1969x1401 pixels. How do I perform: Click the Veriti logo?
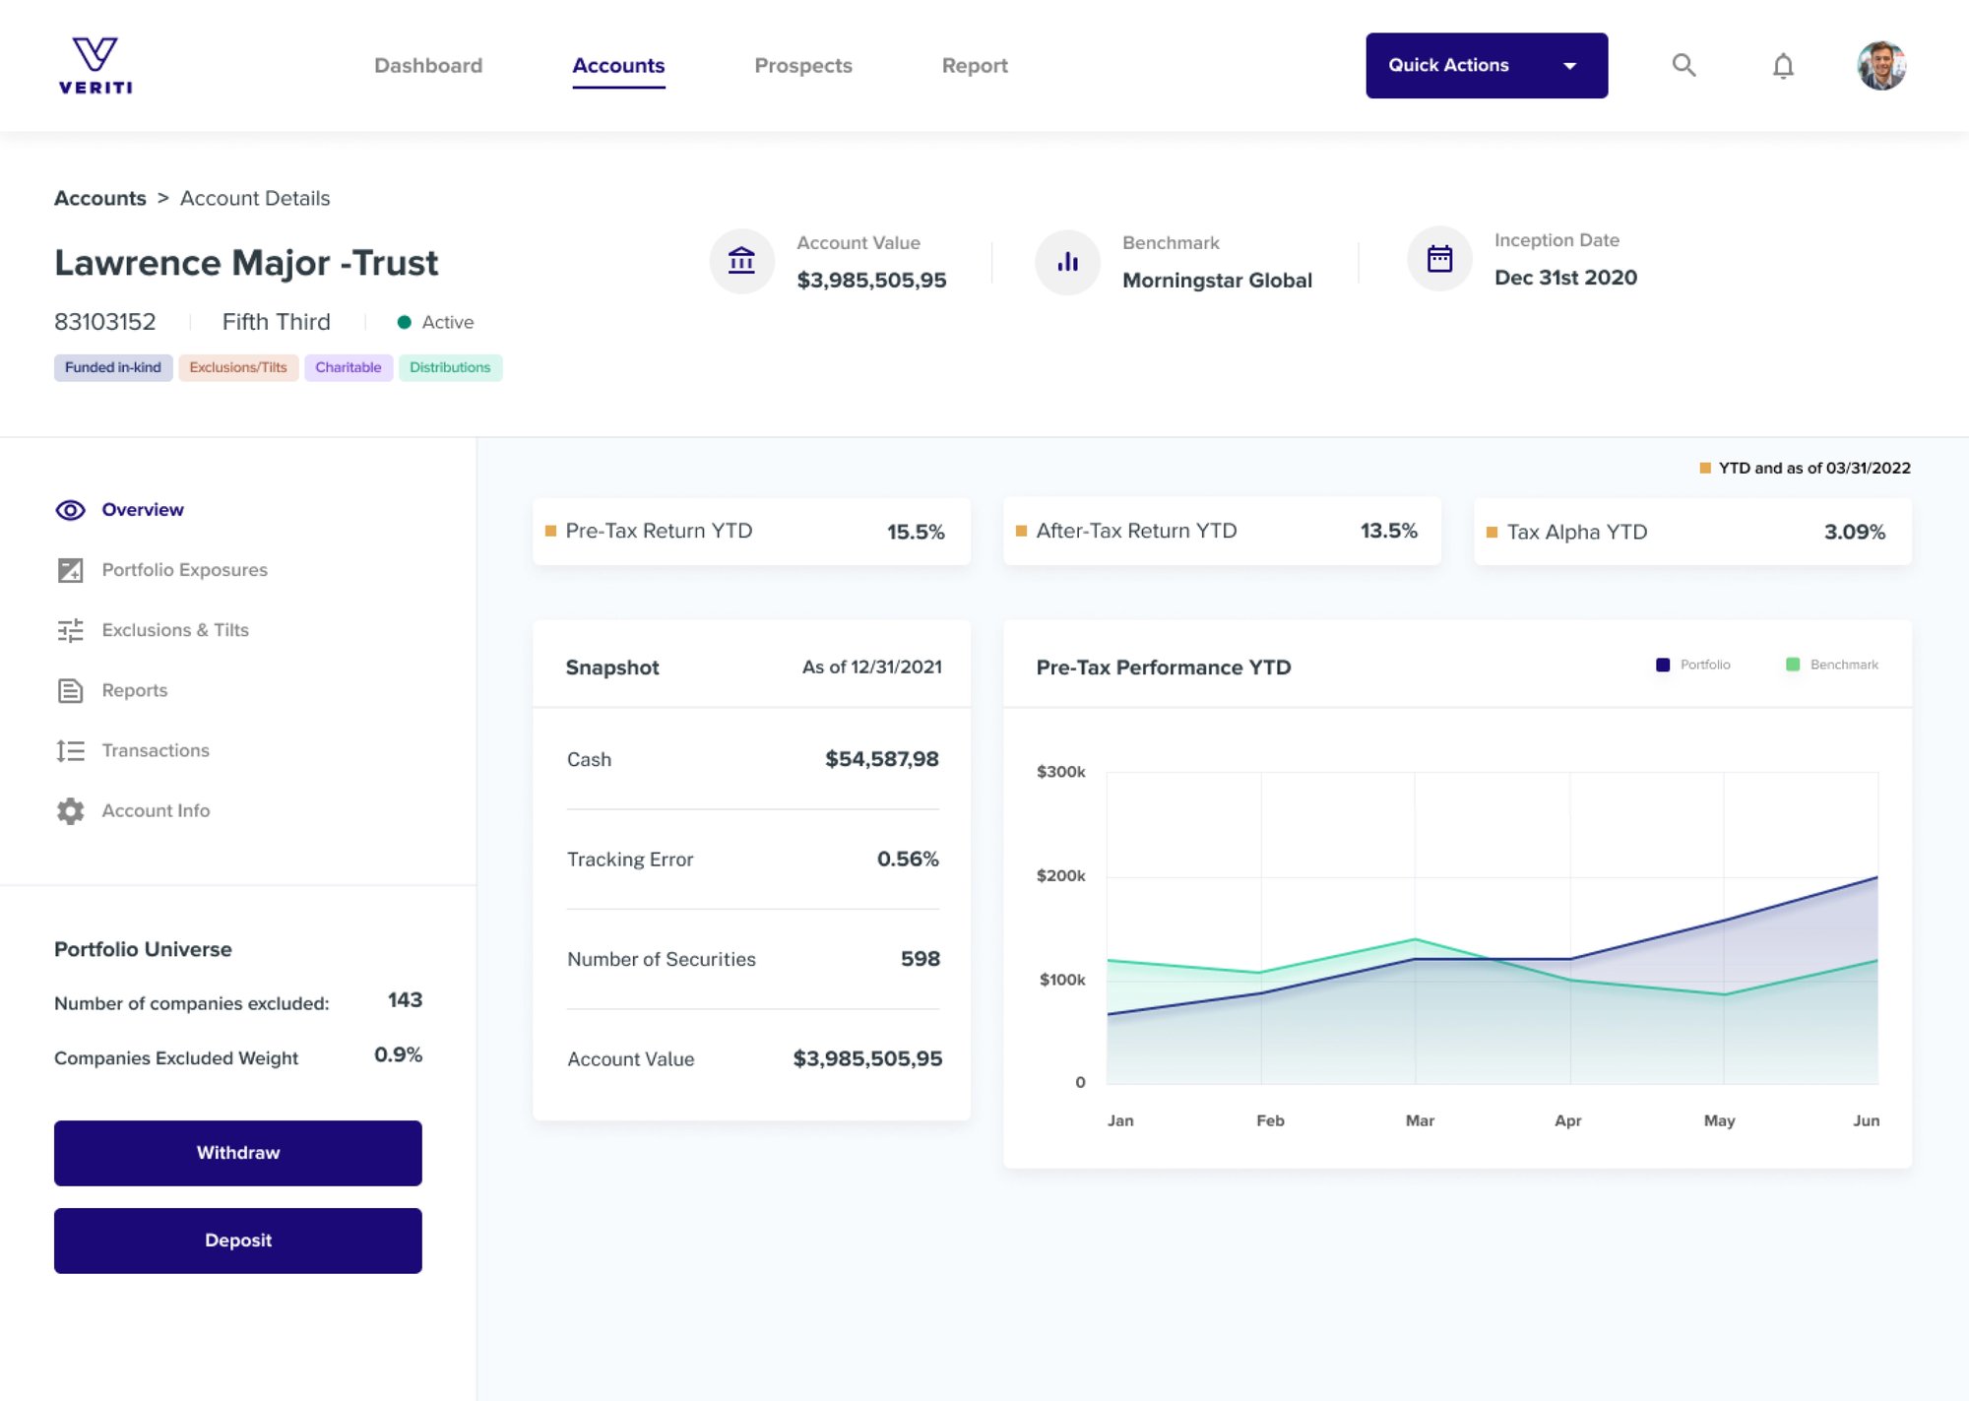pyautogui.click(x=95, y=65)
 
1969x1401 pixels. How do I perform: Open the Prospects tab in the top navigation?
pyautogui.click(x=802, y=66)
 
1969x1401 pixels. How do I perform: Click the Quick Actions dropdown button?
pyautogui.click(x=1486, y=65)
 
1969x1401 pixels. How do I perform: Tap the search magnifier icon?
pyautogui.click(x=1683, y=65)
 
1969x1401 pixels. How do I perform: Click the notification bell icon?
pyautogui.click(x=1783, y=66)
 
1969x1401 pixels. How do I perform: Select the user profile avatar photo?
pyautogui.click(x=1881, y=66)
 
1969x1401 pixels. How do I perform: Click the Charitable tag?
pyautogui.click(x=348, y=367)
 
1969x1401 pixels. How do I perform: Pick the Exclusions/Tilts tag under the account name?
pyautogui.click(x=238, y=367)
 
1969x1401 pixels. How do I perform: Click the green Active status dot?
pyautogui.click(x=404, y=322)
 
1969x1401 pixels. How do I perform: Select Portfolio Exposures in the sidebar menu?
pyautogui.click(x=184, y=570)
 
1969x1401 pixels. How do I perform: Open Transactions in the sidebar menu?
pyautogui.click(x=156, y=750)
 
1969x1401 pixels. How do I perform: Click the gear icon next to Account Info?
pyautogui.click(x=70, y=810)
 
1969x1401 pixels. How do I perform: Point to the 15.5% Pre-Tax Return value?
pyautogui.click(x=915, y=532)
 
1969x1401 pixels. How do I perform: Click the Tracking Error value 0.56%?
pyautogui.click(x=907, y=859)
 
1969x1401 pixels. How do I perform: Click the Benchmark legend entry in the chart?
pyautogui.click(x=1832, y=665)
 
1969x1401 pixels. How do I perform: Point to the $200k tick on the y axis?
pyautogui.click(x=1060, y=875)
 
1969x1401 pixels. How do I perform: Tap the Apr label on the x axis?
pyautogui.click(x=1567, y=1120)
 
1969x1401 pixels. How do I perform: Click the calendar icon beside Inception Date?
pyautogui.click(x=1439, y=259)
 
